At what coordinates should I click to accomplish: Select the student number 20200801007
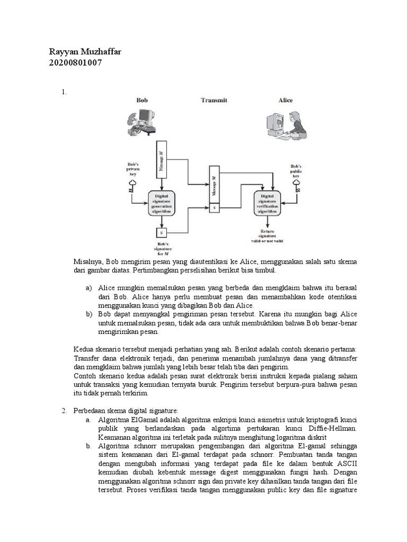(75, 63)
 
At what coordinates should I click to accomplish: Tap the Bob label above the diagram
(142, 100)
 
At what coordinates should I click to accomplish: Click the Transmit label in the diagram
(214, 100)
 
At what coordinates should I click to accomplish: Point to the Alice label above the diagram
(286, 100)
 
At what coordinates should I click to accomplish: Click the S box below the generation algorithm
(161, 232)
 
